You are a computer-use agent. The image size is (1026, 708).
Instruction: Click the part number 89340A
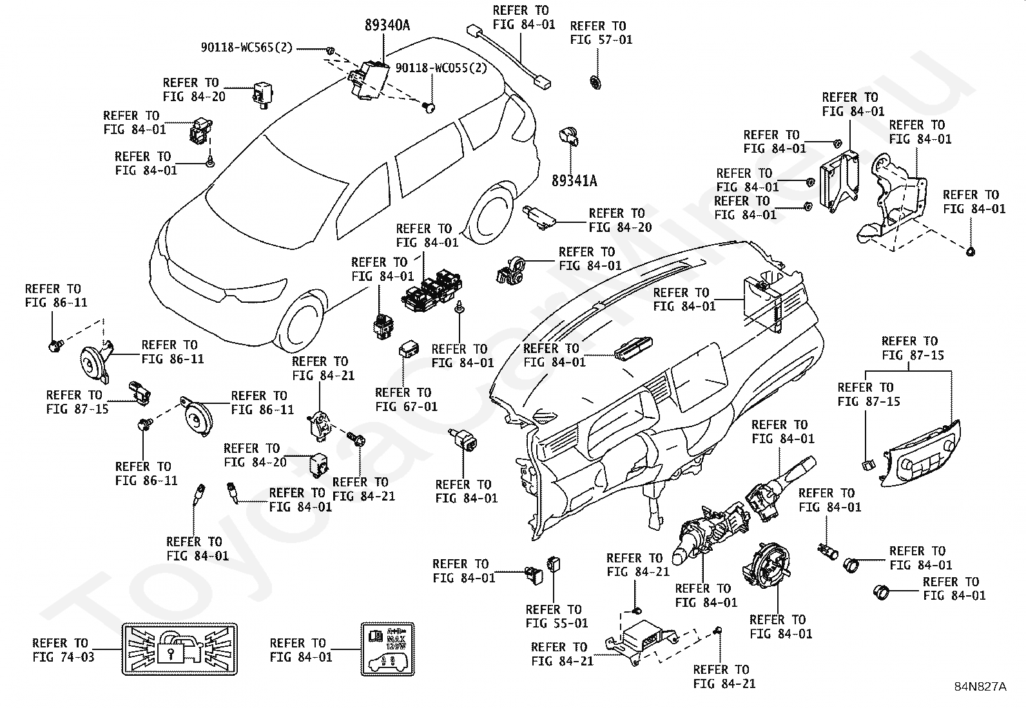click(387, 25)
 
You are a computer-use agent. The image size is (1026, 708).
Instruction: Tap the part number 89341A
click(574, 181)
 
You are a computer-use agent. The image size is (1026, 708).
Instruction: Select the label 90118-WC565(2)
click(246, 48)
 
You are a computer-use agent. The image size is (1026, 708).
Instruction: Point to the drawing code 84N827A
click(980, 686)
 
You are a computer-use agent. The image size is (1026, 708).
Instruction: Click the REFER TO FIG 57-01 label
click(601, 33)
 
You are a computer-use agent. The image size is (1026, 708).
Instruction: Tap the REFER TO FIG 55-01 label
click(557, 616)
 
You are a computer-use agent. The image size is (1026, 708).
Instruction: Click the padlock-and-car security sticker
click(171, 649)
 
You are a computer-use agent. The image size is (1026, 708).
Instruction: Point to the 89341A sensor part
click(568, 135)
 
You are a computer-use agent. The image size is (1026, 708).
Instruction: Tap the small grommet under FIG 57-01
click(595, 82)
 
